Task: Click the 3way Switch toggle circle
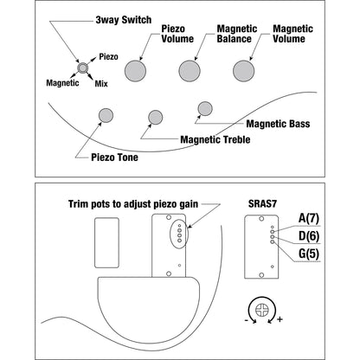[x=82, y=67]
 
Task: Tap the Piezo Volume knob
[x=135, y=71]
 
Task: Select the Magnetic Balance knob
[x=190, y=71]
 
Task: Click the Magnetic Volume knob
[x=244, y=71]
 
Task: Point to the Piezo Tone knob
[x=106, y=115]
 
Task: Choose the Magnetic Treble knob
[x=156, y=117]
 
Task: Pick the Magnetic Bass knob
[x=205, y=109]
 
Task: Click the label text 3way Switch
[x=124, y=20]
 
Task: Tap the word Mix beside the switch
[x=101, y=84]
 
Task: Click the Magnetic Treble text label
[x=215, y=139]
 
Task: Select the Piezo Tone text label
[x=114, y=157]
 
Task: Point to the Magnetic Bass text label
[x=278, y=124]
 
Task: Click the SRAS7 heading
[x=262, y=204]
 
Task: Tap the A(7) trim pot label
[x=309, y=218]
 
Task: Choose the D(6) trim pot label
[x=309, y=236]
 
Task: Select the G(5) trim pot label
[x=309, y=254]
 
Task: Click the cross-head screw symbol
[x=262, y=311]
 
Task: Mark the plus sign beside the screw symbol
[x=280, y=319]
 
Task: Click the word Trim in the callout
[x=78, y=204]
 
